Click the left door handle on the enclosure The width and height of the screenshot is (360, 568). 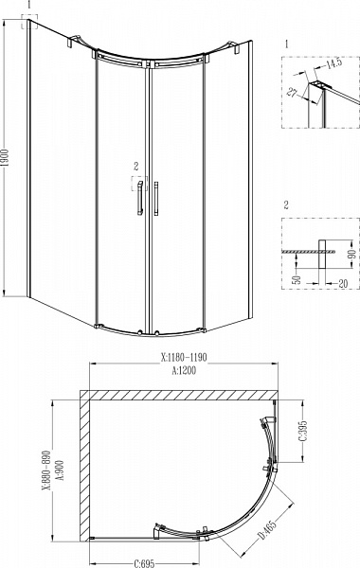tap(138, 200)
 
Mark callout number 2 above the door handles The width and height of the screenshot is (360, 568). tap(137, 165)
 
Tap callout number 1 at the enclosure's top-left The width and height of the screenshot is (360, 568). tap(29, 5)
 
